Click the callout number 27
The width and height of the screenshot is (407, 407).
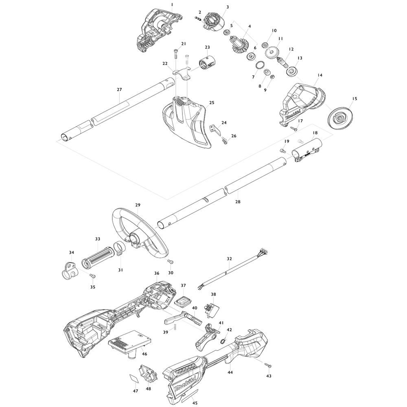[x=119, y=90]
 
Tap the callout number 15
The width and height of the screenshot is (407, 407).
[x=354, y=98]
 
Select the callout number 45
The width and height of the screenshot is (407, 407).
[x=195, y=403]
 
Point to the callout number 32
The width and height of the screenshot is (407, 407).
[x=229, y=259]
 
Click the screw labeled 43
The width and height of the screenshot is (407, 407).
[x=268, y=365]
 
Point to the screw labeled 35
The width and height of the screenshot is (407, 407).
[x=92, y=276]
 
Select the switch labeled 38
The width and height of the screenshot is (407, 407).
[x=212, y=310]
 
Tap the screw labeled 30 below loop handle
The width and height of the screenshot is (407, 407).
[x=170, y=262]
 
